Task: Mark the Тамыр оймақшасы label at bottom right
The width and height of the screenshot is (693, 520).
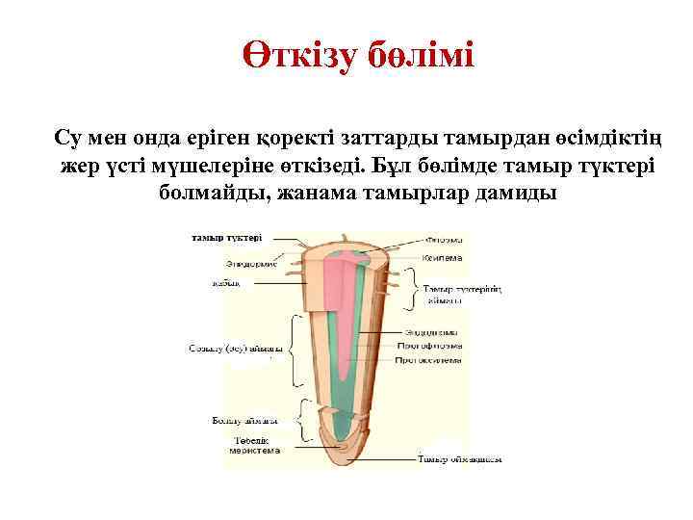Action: point(460,459)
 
